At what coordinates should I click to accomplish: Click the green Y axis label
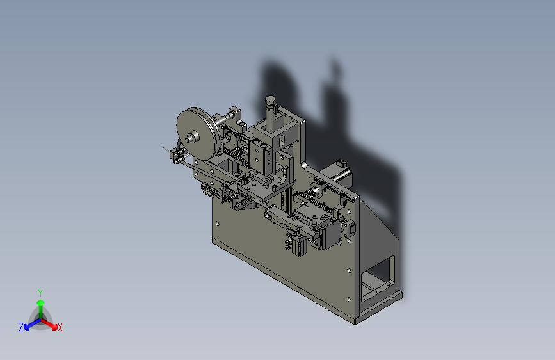40,293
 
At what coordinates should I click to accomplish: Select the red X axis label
60,327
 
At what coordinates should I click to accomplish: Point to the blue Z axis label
21,327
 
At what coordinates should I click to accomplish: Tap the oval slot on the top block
282,140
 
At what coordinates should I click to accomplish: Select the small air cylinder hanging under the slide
297,245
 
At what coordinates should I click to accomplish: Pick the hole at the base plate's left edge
218,224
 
